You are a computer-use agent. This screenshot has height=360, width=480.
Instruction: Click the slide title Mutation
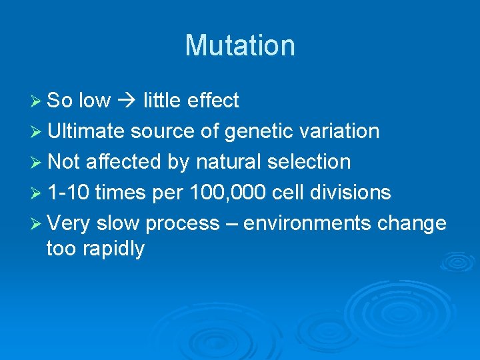(240, 45)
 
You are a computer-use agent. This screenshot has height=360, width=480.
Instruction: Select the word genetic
(257, 131)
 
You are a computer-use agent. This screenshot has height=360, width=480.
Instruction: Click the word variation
(337, 131)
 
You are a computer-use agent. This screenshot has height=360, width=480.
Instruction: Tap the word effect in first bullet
(213, 101)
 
